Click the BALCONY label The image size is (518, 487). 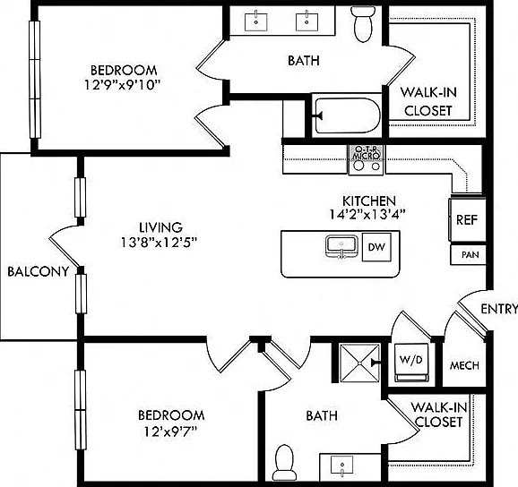click(x=38, y=271)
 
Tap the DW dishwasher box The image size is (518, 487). click(x=376, y=247)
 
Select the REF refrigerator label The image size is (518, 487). click(x=467, y=219)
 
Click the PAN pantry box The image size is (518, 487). click(x=468, y=255)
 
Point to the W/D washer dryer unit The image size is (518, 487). click(x=411, y=363)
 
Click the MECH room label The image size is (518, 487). click(x=464, y=365)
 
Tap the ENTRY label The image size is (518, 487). click(x=499, y=309)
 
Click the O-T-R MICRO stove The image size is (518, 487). click(x=366, y=159)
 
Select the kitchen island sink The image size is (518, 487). click(x=342, y=246)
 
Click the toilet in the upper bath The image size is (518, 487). click(x=363, y=24)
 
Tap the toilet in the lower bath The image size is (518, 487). click(x=284, y=463)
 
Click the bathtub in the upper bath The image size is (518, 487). click(x=347, y=115)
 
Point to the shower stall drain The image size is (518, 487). click(x=359, y=363)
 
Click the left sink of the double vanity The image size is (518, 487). click(x=256, y=21)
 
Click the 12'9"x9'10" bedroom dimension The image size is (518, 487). click(x=122, y=85)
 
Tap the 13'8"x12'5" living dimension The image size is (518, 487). click(x=159, y=243)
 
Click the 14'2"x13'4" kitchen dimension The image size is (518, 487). click(x=367, y=215)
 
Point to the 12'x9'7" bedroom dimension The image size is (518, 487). click(x=170, y=431)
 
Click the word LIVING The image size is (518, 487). click(x=161, y=227)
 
